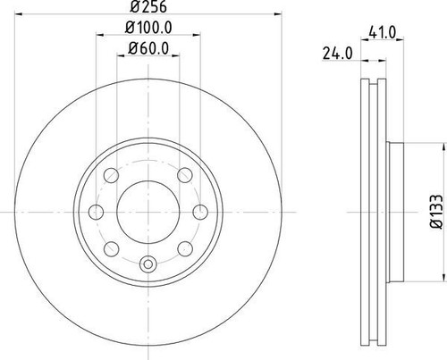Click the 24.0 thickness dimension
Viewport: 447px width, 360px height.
click(x=335, y=53)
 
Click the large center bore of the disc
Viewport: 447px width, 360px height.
click(x=147, y=211)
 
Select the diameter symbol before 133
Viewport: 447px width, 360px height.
click(x=433, y=229)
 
